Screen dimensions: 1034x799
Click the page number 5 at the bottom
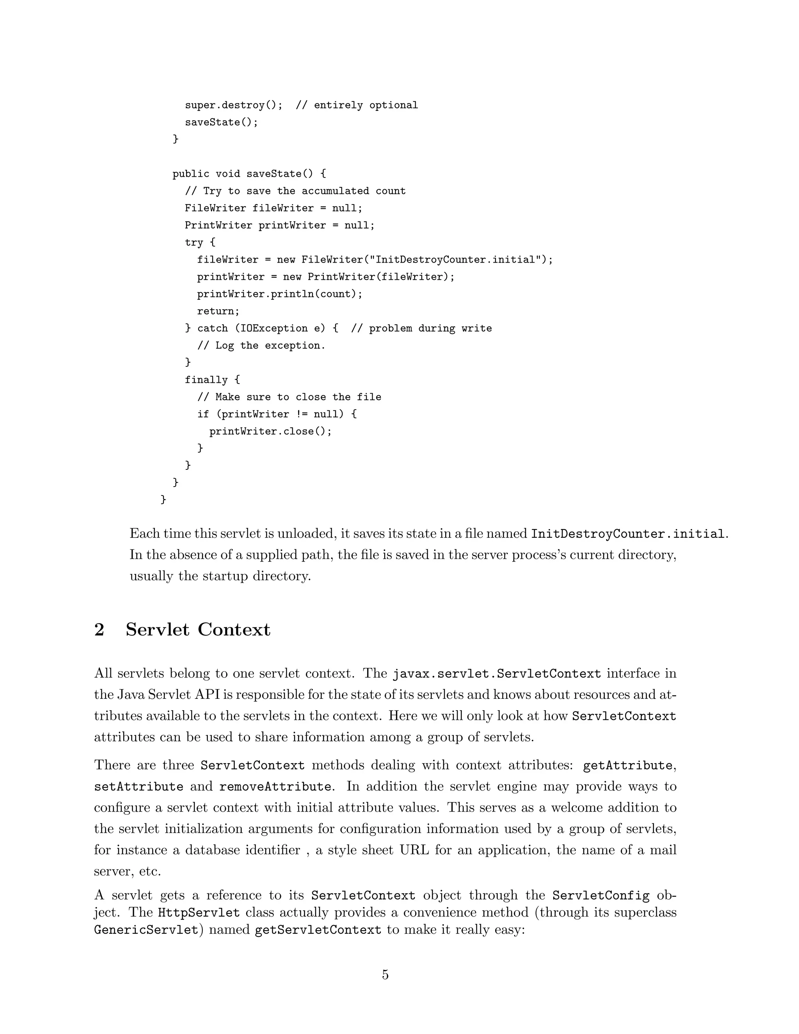pyautogui.click(x=385, y=975)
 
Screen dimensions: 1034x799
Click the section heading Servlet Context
pyautogui.click(x=198, y=630)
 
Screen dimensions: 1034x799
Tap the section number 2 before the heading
pyautogui.click(x=99, y=630)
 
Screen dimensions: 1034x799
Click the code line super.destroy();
pyautogui.click(x=233, y=105)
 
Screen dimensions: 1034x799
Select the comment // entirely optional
pyautogui.click(x=357, y=105)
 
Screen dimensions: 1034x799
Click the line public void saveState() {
pyautogui.click(x=249, y=174)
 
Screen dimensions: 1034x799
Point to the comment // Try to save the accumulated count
pyautogui.click(x=295, y=191)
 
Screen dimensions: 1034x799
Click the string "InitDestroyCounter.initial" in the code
pyautogui.click(x=458, y=259)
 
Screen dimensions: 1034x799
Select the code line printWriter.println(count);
pyautogui.click(x=280, y=294)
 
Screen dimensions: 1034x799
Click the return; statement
pyautogui.click(x=218, y=311)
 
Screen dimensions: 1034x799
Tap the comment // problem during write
pyautogui.click(x=421, y=328)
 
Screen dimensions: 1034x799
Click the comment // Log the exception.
pyautogui.click(x=261, y=346)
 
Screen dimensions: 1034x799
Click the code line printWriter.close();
pyautogui.click(x=271, y=431)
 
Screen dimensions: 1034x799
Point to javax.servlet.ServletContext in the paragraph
pyautogui.click(x=497, y=674)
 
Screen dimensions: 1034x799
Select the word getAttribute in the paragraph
pyautogui.click(x=627, y=766)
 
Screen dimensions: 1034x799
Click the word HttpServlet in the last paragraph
pyautogui.click(x=199, y=912)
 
